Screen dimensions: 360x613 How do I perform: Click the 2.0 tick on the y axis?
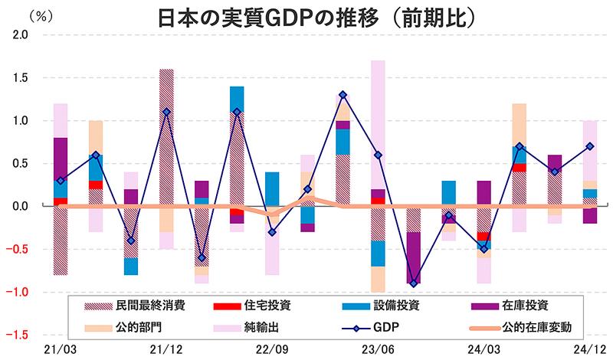[20, 35]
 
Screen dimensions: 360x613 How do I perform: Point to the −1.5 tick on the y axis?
[17, 335]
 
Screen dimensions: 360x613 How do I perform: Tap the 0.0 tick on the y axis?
[20, 206]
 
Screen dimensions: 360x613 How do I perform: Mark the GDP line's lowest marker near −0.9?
[414, 283]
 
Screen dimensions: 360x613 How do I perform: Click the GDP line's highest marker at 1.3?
[343, 95]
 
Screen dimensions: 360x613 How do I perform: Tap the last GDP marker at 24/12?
[591, 146]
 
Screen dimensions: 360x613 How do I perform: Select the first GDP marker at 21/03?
[60, 181]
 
